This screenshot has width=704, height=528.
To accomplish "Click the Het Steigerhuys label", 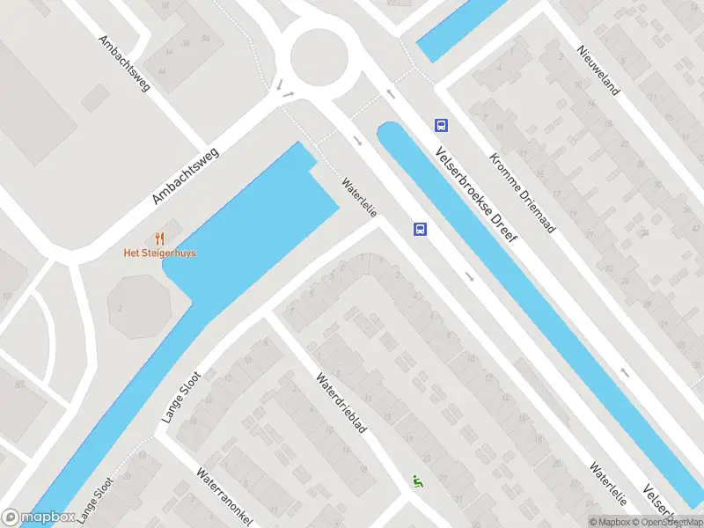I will [159, 253].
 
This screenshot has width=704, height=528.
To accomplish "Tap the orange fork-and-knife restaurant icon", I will [159, 238].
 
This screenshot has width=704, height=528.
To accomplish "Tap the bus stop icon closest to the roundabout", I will [440, 126].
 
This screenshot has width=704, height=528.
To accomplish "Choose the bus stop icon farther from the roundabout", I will [420, 230].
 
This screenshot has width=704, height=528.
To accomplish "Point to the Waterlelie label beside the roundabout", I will [359, 198].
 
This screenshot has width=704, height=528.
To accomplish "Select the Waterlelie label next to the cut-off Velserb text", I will [608, 484].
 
